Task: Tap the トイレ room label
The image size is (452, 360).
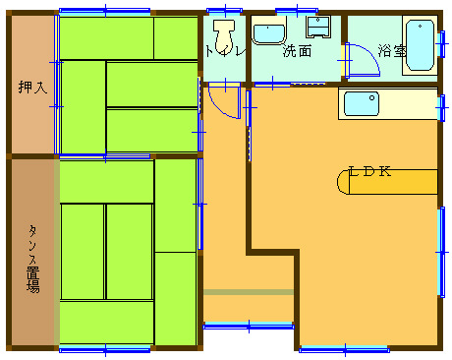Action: pyautogui.click(x=225, y=51)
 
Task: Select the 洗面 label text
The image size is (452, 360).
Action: pyautogui.click(x=297, y=51)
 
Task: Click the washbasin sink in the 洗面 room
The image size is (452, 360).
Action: pyautogui.click(x=268, y=34)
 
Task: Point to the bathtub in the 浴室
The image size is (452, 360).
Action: pyautogui.click(x=421, y=45)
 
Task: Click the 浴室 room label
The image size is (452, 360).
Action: pyautogui.click(x=392, y=51)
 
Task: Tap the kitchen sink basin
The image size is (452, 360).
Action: pyautogui.click(x=362, y=103)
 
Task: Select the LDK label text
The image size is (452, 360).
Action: pyautogui.click(x=369, y=171)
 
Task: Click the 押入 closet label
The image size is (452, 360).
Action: pyautogui.click(x=32, y=88)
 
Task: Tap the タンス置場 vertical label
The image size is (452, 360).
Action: pyautogui.click(x=32, y=259)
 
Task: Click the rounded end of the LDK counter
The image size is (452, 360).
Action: pyautogui.click(x=343, y=182)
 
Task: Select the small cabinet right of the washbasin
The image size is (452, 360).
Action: pyautogui.click(x=318, y=27)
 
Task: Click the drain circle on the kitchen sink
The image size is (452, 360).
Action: pyautogui.click(x=371, y=97)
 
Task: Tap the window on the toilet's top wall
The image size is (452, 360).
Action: pyautogui.click(x=225, y=11)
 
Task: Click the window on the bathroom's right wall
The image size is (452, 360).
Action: pyautogui.click(x=442, y=44)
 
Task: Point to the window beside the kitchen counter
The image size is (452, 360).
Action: pyautogui.click(x=442, y=107)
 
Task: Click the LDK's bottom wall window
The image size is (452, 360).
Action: pyautogui.click(x=345, y=350)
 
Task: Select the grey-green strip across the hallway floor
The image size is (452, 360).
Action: pyautogui.click(x=249, y=292)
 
